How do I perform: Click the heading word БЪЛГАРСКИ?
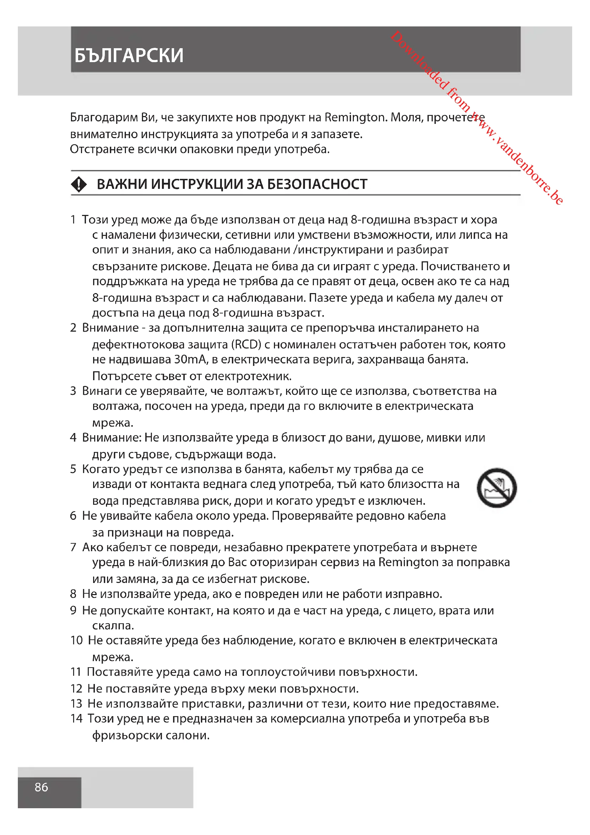pyautogui.click(x=129, y=56)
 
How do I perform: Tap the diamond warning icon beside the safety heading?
pyautogui.click(x=79, y=184)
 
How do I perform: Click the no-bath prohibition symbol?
pyautogui.click(x=496, y=488)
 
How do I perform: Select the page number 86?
pyautogui.click(x=41, y=787)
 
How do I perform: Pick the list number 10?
pyautogui.click(x=76, y=640)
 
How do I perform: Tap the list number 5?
pyautogui.click(x=73, y=469)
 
